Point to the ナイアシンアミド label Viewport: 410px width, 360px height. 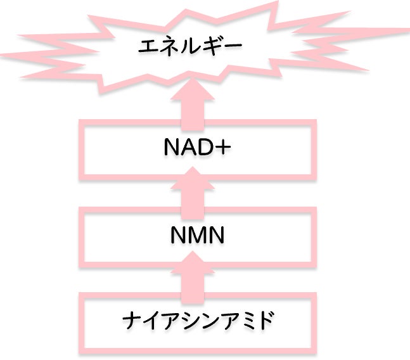198,319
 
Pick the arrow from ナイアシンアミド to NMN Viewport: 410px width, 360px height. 196,277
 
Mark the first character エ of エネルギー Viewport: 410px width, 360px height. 148,46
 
